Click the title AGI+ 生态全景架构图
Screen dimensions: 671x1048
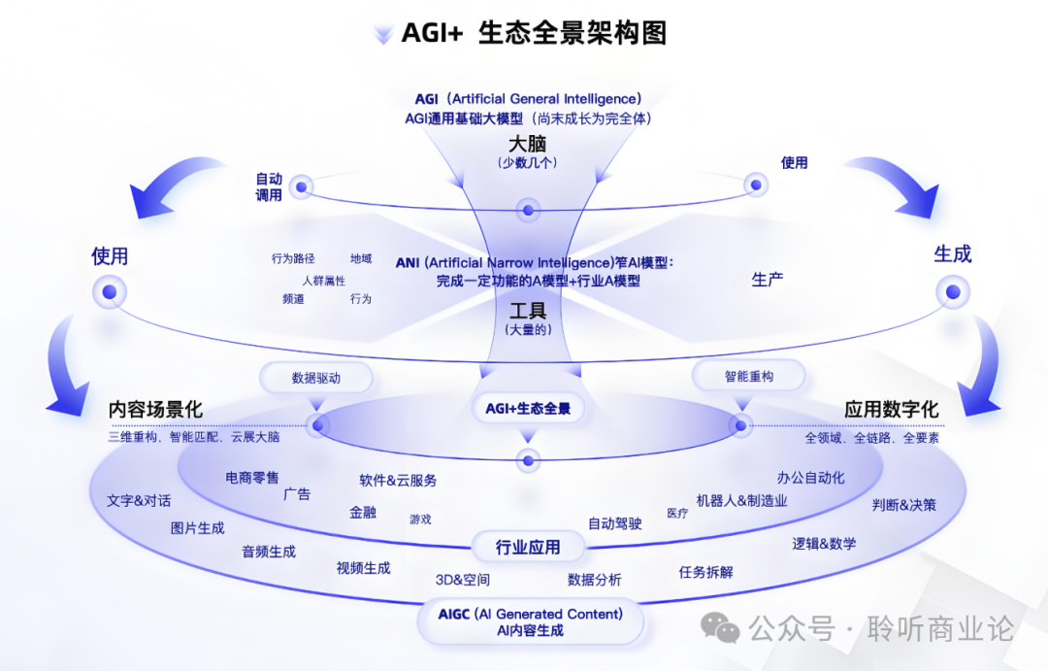(534, 33)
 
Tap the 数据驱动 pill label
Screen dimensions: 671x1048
(316, 378)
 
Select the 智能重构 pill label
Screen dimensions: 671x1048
(748, 376)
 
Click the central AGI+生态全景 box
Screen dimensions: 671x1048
(529, 409)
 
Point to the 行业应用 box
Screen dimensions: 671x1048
(528, 548)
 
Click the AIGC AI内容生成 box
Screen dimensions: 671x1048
(530, 622)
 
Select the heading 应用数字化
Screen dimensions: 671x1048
(891, 410)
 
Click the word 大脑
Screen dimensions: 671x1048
(528, 145)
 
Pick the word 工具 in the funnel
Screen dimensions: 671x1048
(528, 311)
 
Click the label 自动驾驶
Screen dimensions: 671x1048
(615, 523)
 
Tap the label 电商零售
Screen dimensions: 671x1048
(252, 477)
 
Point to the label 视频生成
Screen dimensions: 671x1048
(363, 568)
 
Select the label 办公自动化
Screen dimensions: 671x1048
(810, 477)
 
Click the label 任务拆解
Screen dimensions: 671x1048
(705, 572)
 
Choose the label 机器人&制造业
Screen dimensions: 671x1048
(741, 501)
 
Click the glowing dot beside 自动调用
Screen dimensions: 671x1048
(302, 186)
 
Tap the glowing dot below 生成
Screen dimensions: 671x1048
(953, 291)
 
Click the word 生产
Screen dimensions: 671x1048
(768, 280)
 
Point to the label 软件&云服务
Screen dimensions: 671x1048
(398, 480)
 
